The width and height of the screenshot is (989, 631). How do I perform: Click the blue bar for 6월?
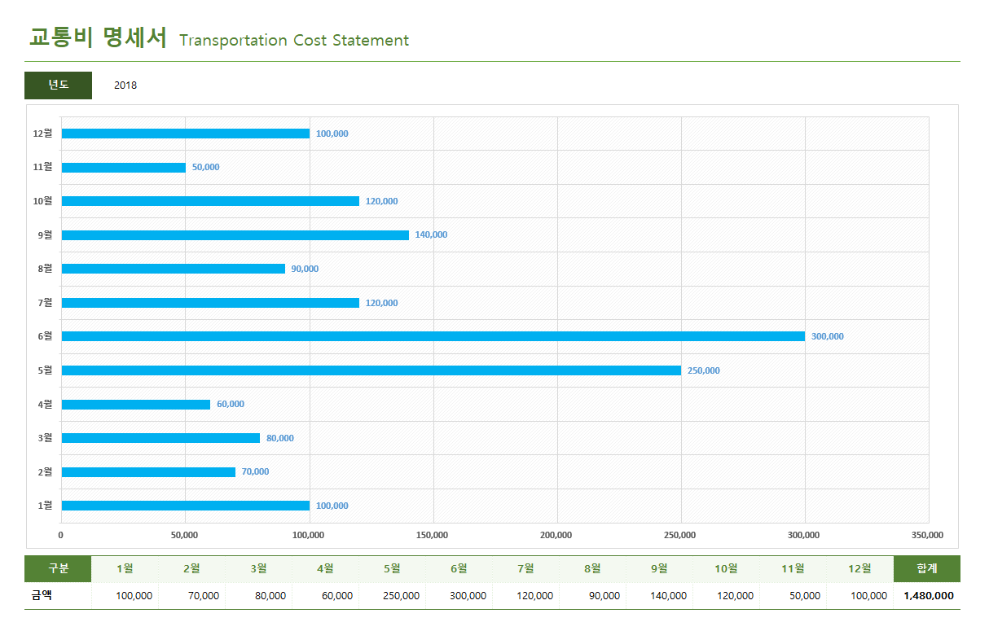tap(433, 336)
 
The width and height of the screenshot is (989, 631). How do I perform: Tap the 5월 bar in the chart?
tap(371, 370)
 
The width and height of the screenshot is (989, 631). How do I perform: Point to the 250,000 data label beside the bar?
tap(703, 370)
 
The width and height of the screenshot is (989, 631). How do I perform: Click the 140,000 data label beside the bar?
tap(431, 234)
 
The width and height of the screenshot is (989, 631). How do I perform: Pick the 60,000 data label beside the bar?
tap(231, 404)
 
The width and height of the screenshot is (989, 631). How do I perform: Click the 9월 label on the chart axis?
tap(44, 234)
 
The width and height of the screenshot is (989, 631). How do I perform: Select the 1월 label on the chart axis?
tap(44, 506)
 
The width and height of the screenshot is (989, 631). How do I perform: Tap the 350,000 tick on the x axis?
tap(927, 535)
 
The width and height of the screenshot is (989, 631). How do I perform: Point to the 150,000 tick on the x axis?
tap(432, 535)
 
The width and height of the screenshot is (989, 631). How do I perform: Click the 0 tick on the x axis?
tap(60, 535)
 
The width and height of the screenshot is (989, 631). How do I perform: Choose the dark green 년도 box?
tap(58, 85)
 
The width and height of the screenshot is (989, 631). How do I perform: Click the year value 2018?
tap(125, 85)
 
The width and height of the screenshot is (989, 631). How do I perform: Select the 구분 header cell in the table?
tap(58, 569)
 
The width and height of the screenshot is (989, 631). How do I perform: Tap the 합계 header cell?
tap(926, 569)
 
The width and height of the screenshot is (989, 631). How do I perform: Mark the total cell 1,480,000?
tap(928, 596)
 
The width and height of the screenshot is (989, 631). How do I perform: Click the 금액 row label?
tap(42, 596)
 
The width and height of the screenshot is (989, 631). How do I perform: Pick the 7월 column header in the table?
tap(525, 569)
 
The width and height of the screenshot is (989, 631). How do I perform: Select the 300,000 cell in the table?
tap(468, 596)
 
